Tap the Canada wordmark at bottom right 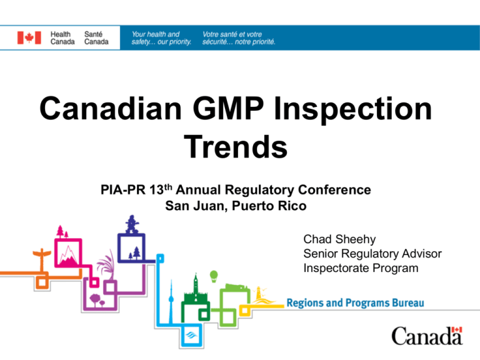pos(427,337)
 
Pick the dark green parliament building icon pos(196,290)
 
